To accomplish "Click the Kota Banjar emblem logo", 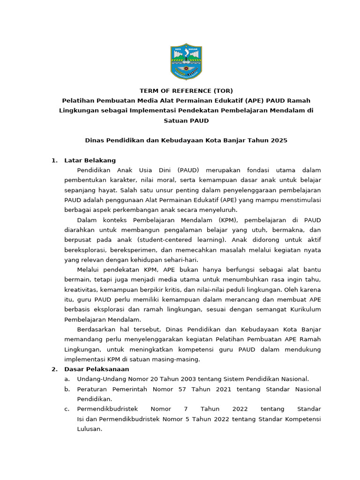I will coord(186,62).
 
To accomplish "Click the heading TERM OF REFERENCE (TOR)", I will coord(186,91).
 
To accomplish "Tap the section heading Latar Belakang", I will coord(90,160).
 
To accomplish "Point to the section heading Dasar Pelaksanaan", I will coord(97,369).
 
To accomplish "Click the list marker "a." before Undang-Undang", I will coord(67,379).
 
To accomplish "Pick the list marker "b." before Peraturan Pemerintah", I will coord(67,389).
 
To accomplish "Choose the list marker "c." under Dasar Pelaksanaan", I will coord(67,409).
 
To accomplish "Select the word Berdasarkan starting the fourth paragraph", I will coord(96,330).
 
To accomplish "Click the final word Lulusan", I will coord(90,429).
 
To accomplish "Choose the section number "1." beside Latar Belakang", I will coord(54,160).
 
